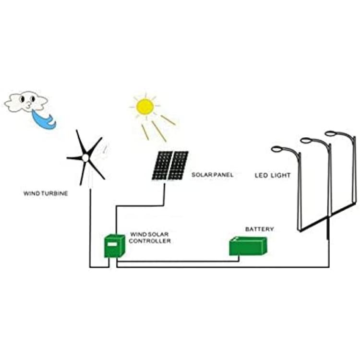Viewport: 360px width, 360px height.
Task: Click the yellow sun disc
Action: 145,106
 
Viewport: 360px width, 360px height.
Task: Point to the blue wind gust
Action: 44,120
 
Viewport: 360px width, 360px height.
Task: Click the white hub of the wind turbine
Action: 85,158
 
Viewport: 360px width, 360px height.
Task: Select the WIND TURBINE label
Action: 46,193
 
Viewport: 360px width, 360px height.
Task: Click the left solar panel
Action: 162,165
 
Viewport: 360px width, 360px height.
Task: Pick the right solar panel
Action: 178,165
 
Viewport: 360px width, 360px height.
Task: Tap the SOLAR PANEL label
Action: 212,175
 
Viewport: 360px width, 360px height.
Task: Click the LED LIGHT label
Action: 273,175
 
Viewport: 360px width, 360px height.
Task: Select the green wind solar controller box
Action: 115,246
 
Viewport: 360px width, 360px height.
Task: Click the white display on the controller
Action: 112,244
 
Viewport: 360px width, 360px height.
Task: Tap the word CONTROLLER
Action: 150,241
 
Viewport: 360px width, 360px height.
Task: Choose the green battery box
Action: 248,246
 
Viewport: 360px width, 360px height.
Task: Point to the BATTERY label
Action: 259,229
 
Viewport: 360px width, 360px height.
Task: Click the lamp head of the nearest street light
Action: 277,149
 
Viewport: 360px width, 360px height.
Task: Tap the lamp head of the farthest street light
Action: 331,133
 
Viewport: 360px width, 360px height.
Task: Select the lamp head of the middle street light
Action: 307,140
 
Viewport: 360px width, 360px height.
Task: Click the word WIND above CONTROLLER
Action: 138,234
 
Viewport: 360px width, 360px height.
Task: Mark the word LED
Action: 261,175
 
